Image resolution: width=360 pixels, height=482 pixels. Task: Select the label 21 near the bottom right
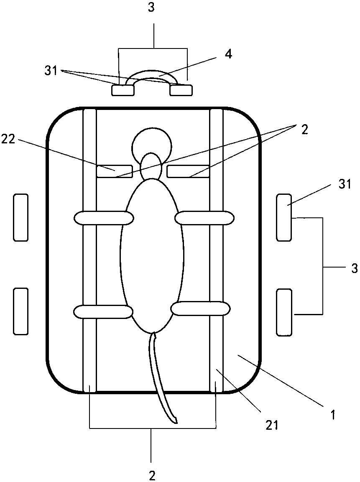coord(271,425)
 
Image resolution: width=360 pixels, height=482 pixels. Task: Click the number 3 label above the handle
coord(152,8)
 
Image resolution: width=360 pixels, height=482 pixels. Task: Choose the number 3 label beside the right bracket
coord(354,268)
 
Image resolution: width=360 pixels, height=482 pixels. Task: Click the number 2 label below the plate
coord(152,475)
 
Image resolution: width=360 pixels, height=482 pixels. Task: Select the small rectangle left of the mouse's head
coord(115,171)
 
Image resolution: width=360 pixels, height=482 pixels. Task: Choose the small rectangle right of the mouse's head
coord(188,171)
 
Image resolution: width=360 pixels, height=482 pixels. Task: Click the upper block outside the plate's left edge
coord(20,217)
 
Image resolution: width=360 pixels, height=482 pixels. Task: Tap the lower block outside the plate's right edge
coord(284,311)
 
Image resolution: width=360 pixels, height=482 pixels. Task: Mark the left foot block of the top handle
coord(123,89)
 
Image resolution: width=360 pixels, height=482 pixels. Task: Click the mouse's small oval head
coord(151,167)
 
